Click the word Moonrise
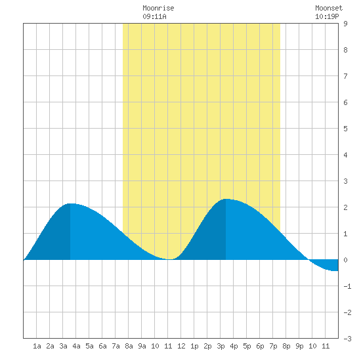click(x=158, y=8)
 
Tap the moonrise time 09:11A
click(x=154, y=16)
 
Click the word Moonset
click(x=329, y=8)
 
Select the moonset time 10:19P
click(x=327, y=16)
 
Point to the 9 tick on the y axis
click(x=345, y=24)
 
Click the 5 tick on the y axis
click(x=345, y=129)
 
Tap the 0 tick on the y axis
click(x=345, y=260)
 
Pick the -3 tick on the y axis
click(x=347, y=339)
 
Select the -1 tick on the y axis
click(x=347, y=286)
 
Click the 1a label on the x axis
click(x=37, y=346)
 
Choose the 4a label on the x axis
click(x=76, y=346)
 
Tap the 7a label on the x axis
click(x=116, y=346)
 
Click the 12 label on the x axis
click(x=181, y=346)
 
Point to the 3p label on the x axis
click(x=221, y=346)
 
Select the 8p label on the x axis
click(x=286, y=346)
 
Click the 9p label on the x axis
click(x=299, y=346)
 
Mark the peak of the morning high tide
click(x=70, y=203)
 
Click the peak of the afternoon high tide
click(x=226, y=199)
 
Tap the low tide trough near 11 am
click(x=169, y=259)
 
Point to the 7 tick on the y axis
click(x=345, y=76)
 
